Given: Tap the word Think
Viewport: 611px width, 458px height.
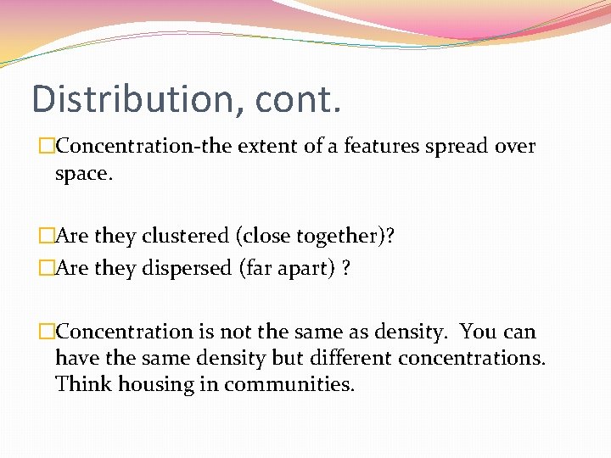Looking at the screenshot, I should [83, 384].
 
